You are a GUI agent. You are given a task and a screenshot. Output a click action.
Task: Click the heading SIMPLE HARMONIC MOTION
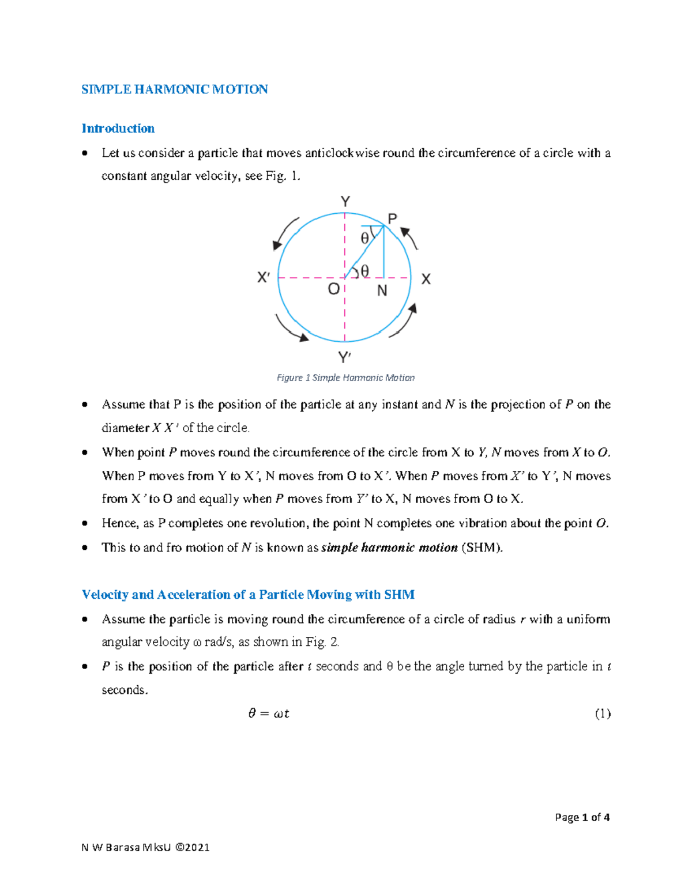174,89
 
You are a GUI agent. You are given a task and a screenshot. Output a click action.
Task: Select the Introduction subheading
118,129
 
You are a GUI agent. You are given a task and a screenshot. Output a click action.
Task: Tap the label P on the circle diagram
392,219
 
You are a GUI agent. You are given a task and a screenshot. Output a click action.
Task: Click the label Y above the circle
345,202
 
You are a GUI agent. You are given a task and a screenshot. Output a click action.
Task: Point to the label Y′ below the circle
345,358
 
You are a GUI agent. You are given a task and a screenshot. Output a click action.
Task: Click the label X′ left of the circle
264,278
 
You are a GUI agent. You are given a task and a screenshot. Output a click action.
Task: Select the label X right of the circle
426,280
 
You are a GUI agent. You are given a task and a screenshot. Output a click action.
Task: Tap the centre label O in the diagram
333,289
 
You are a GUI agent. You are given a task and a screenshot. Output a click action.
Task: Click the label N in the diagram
382,291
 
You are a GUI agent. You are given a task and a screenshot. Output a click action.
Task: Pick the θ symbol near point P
364,238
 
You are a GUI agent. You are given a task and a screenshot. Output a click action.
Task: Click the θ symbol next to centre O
364,271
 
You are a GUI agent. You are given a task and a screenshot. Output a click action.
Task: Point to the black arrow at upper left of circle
285,233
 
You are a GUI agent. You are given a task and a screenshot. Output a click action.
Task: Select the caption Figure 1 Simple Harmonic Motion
345,377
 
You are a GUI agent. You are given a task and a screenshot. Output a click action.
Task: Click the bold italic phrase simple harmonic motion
389,547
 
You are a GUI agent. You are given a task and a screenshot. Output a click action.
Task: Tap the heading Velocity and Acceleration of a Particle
248,595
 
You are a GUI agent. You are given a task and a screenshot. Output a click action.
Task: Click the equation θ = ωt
268,713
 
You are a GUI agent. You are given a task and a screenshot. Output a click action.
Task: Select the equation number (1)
602,713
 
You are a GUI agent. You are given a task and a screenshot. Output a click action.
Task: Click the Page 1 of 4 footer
582,817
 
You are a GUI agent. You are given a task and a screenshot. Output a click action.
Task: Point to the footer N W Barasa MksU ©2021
145,847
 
